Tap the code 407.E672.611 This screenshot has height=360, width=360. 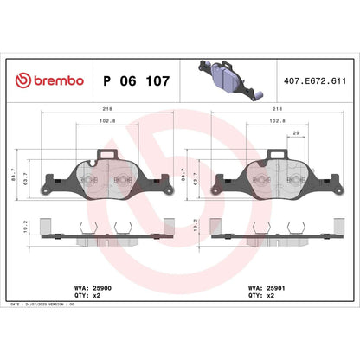[316, 80]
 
